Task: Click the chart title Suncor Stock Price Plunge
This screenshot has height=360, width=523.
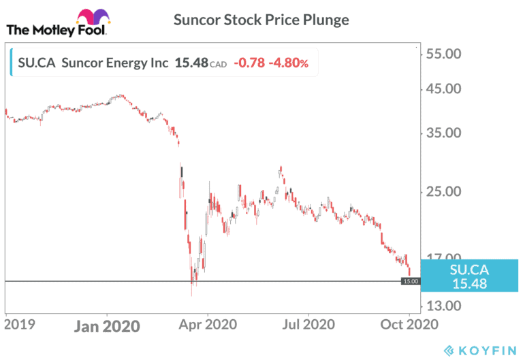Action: click(261, 20)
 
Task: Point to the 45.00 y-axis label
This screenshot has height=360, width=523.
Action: click(443, 89)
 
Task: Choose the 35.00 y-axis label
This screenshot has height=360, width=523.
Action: click(443, 133)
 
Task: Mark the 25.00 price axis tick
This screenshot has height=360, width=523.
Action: click(443, 191)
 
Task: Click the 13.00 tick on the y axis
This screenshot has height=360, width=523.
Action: click(443, 306)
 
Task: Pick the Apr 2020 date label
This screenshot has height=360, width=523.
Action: click(207, 325)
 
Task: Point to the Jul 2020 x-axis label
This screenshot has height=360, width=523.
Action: click(308, 325)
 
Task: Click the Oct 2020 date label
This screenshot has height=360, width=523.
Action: click(409, 325)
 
